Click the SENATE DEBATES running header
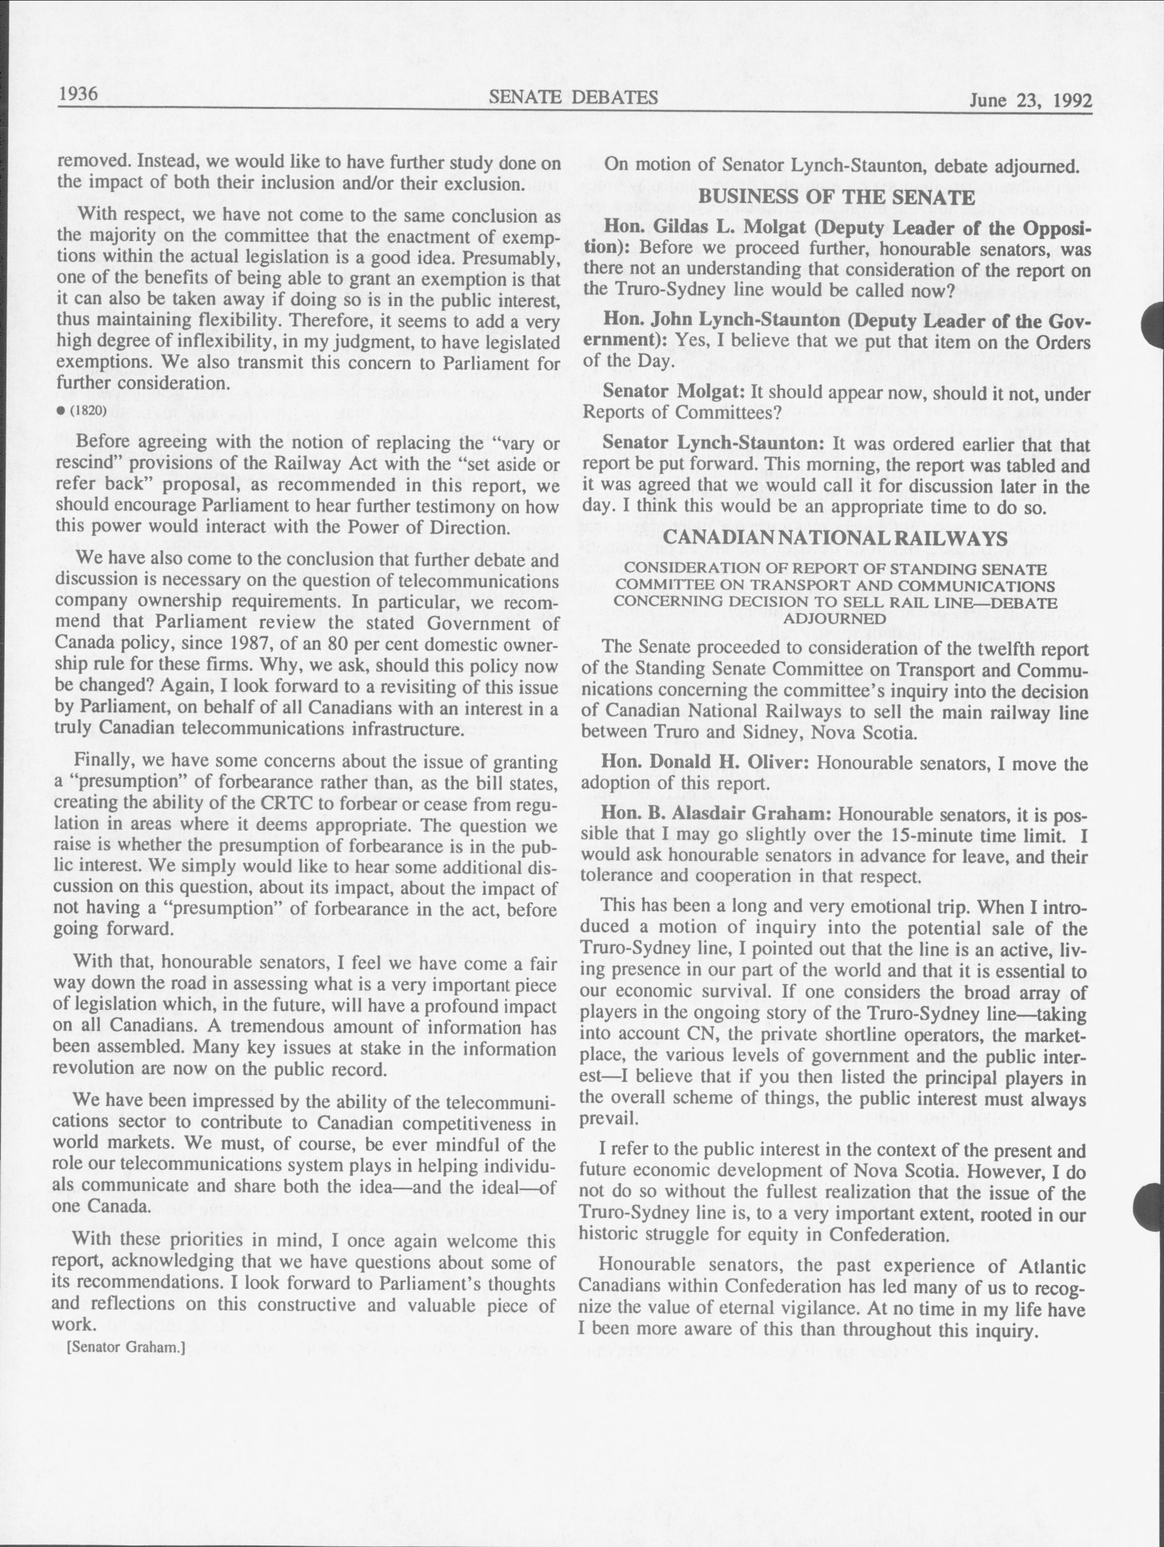pos(573,97)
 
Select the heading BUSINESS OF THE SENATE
pos(836,197)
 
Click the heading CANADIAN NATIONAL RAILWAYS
pos(836,538)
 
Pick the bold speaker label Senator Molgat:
pos(674,392)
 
